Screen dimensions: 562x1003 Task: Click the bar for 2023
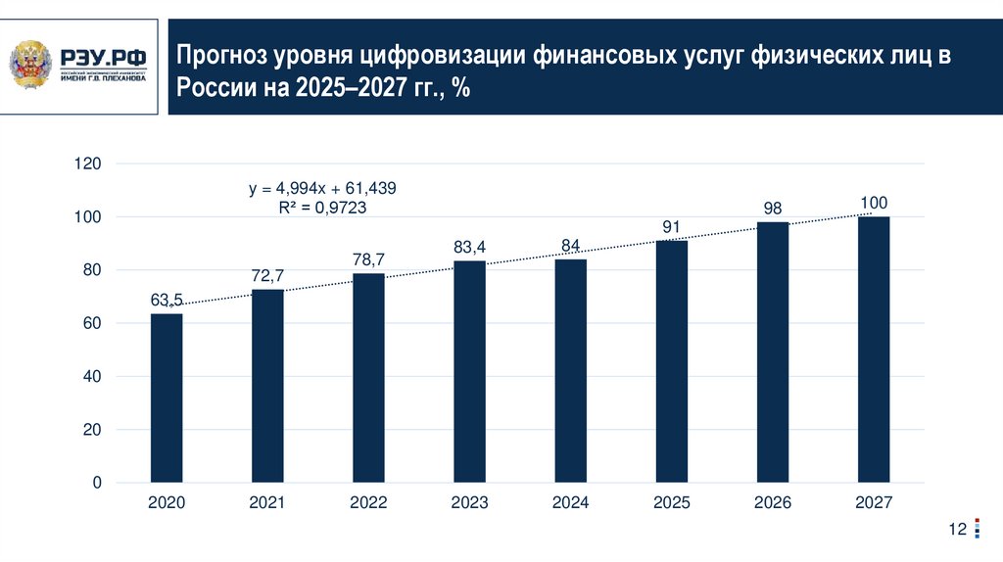pyautogui.click(x=469, y=372)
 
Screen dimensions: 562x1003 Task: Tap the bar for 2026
pyautogui.click(x=772, y=352)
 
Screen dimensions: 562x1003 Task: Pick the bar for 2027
pyautogui.click(x=874, y=350)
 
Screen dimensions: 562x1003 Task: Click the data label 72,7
pyautogui.click(x=267, y=277)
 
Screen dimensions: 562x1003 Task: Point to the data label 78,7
pyautogui.click(x=368, y=260)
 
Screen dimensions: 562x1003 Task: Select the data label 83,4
pyautogui.click(x=469, y=248)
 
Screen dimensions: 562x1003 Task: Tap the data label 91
pyautogui.click(x=671, y=227)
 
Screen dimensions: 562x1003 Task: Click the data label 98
pyautogui.click(x=772, y=209)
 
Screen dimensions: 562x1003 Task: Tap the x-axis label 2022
pyautogui.click(x=368, y=503)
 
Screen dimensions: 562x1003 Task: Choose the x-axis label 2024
pyautogui.click(x=570, y=503)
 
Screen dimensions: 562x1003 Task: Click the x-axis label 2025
pyautogui.click(x=671, y=503)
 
